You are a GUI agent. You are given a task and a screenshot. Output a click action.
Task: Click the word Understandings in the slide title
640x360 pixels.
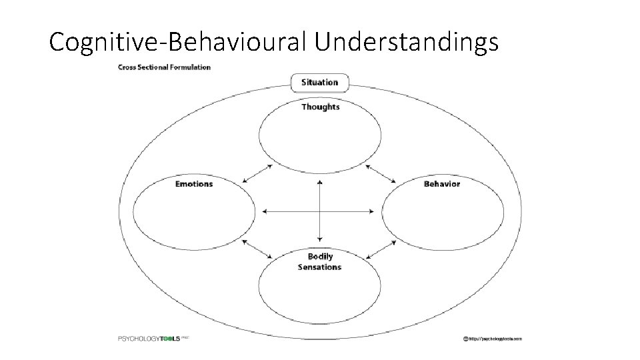[x=407, y=41]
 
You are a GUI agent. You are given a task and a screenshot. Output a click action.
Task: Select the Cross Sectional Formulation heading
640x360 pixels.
[x=164, y=67]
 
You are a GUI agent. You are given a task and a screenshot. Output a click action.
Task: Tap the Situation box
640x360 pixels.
[x=320, y=83]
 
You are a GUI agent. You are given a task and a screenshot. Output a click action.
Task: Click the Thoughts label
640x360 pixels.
[x=320, y=107]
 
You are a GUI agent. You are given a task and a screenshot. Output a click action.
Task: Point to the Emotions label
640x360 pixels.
[x=194, y=183]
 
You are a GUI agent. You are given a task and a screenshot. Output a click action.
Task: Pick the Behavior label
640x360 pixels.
[x=441, y=183]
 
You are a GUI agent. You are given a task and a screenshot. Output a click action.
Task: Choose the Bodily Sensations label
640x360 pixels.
[x=320, y=261]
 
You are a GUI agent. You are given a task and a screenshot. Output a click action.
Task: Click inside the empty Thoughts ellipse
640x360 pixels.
[x=320, y=140]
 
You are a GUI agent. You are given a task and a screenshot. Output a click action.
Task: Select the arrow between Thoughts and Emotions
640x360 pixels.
[x=257, y=173]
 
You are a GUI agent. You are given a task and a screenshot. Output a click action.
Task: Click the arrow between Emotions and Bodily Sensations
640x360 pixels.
[x=257, y=249]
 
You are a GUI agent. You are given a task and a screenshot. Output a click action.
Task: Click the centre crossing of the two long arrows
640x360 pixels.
[x=320, y=211]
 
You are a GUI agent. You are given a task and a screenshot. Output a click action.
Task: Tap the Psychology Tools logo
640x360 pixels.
[x=154, y=339]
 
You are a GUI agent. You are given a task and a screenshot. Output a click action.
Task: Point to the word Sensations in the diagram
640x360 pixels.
[x=320, y=267]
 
